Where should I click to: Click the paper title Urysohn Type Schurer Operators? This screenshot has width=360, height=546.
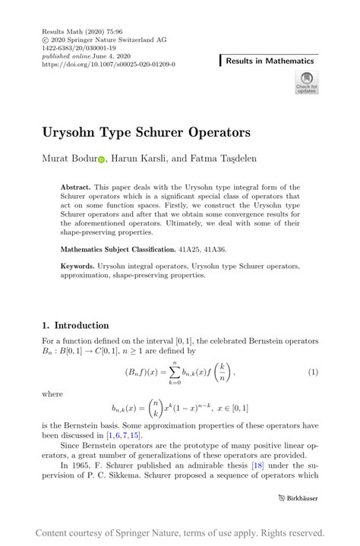[147, 132]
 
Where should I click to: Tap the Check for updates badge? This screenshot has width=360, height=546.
[307, 83]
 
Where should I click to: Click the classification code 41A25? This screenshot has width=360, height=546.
[187, 249]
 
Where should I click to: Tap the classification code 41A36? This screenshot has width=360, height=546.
[214, 249]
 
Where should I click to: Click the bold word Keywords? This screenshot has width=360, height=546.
[77, 267]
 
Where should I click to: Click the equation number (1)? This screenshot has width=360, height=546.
[311, 373]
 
